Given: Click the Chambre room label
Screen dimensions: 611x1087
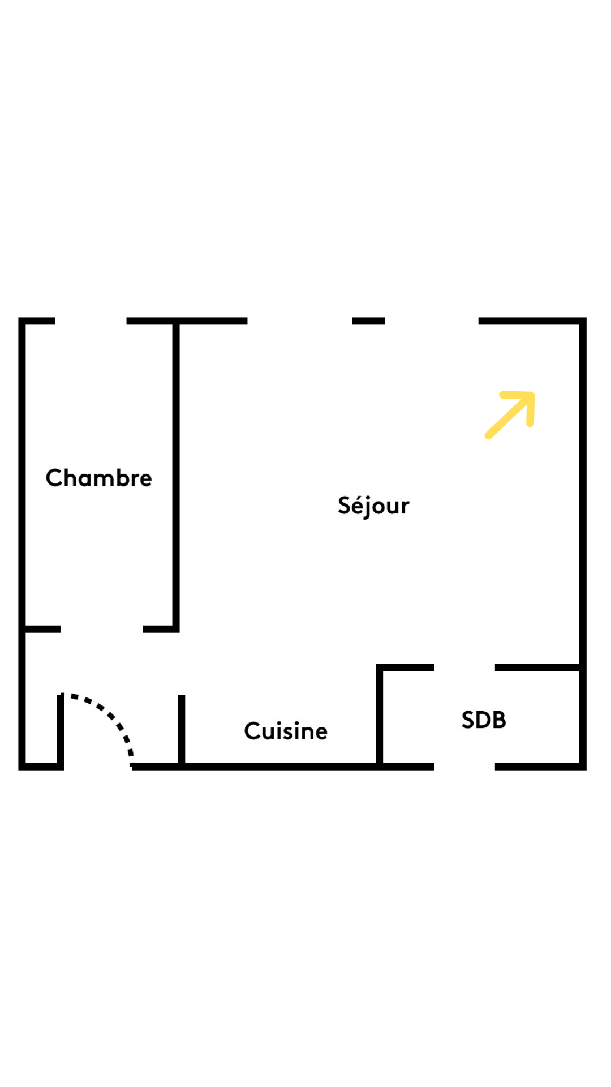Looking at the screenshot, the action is (x=99, y=478).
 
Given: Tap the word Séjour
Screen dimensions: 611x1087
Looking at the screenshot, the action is (x=373, y=506).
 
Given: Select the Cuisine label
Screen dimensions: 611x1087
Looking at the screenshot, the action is (x=286, y=731).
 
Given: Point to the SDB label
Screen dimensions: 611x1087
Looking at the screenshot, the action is (x=484, y=720).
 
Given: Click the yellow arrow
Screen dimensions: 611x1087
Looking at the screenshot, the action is (x=510, y=415).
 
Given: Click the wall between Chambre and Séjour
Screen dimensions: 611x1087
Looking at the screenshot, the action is (x=176, y=476).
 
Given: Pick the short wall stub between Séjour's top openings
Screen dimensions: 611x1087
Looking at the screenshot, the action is (x=368, y=321).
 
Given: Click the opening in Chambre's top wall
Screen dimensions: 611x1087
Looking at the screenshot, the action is (x=91, y=321).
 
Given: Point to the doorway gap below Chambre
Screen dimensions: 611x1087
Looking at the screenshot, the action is (x=102, y=629).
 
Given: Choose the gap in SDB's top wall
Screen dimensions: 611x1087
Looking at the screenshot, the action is (x=464, y=668).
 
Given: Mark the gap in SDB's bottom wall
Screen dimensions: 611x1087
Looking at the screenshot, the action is (x=464, y=767).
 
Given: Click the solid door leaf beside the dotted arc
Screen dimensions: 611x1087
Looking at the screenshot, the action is (x=61, y=730).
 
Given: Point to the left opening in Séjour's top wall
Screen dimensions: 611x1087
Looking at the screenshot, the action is (x=300, y=321).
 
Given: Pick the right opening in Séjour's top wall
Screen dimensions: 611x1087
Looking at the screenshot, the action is (x=432, y=321).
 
